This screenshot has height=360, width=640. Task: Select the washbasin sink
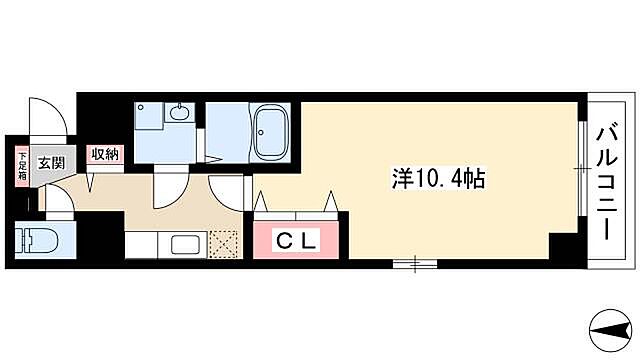180,113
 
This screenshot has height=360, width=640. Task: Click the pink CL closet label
297,241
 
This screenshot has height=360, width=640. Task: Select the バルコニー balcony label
606,179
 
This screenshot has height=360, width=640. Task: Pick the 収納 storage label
105,153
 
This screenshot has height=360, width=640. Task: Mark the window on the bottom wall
409,263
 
